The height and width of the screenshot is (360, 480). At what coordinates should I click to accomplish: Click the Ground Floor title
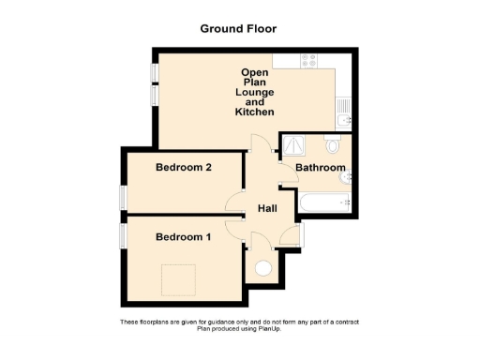point(238,28)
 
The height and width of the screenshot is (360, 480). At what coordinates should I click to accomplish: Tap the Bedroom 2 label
point(183,169)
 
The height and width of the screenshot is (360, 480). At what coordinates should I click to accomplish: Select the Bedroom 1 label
point(183,237)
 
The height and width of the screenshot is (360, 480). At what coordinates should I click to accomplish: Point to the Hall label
point(265,209)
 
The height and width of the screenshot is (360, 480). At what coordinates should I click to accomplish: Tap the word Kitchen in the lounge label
point(255,112)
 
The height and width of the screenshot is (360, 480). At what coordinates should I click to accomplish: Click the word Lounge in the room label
point(255,92)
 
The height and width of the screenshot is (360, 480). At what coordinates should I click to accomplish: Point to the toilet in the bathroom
point(333,146)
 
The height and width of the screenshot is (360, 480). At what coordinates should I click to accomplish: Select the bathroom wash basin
point(347,175)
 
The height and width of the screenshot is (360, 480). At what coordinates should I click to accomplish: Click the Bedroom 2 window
point(122,200)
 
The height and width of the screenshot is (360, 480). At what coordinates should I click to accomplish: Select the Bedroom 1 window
point(122,233)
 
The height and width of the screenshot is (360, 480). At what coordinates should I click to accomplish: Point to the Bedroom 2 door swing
point(233,202)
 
